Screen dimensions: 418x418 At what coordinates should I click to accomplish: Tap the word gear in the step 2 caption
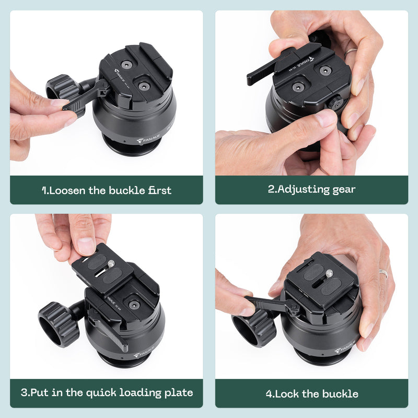click(344, 190)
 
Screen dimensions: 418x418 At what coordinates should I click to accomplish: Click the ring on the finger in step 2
click(351, 51)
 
